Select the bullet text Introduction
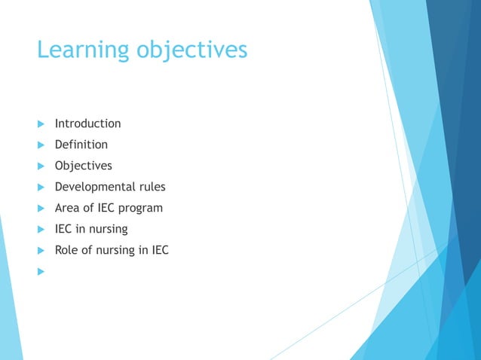(87, 124)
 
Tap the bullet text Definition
(81, 145)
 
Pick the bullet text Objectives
(83, 166)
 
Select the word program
(141, 209)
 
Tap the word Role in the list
(67, 250)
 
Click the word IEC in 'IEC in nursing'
(64, 229)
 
